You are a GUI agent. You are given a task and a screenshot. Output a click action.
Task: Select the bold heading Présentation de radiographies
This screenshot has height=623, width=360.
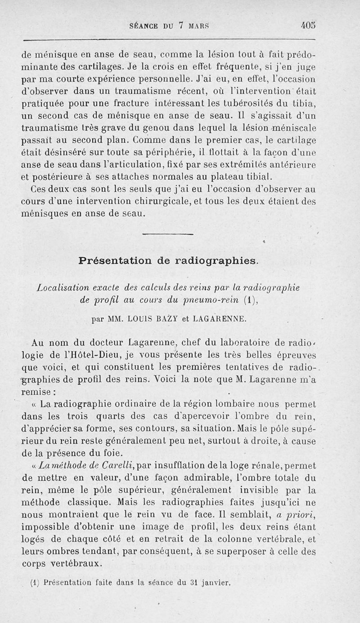[x=168, y=260]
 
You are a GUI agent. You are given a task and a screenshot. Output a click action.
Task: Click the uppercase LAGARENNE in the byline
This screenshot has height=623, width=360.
[x=219, y=319]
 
